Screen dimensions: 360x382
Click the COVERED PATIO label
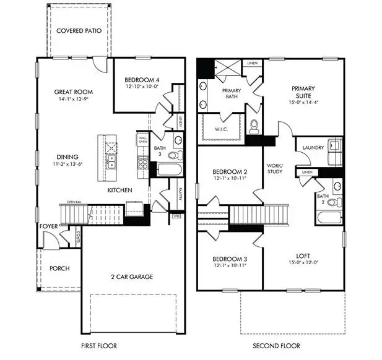pos(79,30)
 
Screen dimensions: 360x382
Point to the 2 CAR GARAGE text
pos(132,276)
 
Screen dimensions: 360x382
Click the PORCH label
pos(59,268)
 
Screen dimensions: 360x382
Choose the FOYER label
pos(48,226)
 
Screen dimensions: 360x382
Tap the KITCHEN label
pos(119,190)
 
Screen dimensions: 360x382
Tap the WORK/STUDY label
pos(274,168)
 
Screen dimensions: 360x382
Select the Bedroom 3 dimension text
pos(230,265)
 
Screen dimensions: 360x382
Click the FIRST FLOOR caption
pos(98,346)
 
